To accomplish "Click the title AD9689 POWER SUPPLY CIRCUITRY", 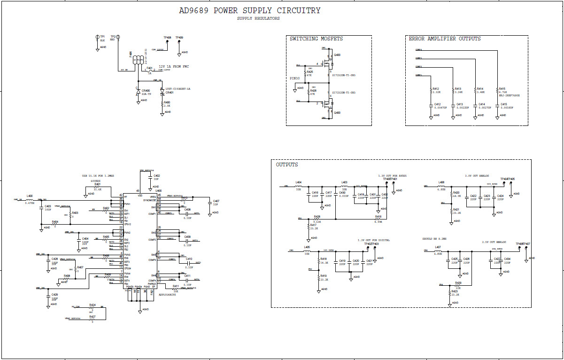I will coord(249,10).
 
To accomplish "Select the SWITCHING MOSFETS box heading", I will coord(316,39).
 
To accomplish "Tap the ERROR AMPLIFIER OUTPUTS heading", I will coord(445,39).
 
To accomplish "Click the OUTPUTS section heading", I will coord(287,165).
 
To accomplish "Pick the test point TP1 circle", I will coord(96,37).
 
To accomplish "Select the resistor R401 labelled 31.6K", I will coord(97,188).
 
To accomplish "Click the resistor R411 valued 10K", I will coord(175,289).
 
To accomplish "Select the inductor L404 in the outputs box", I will coord(299,186).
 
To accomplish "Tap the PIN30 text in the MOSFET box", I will coord(295,78).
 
